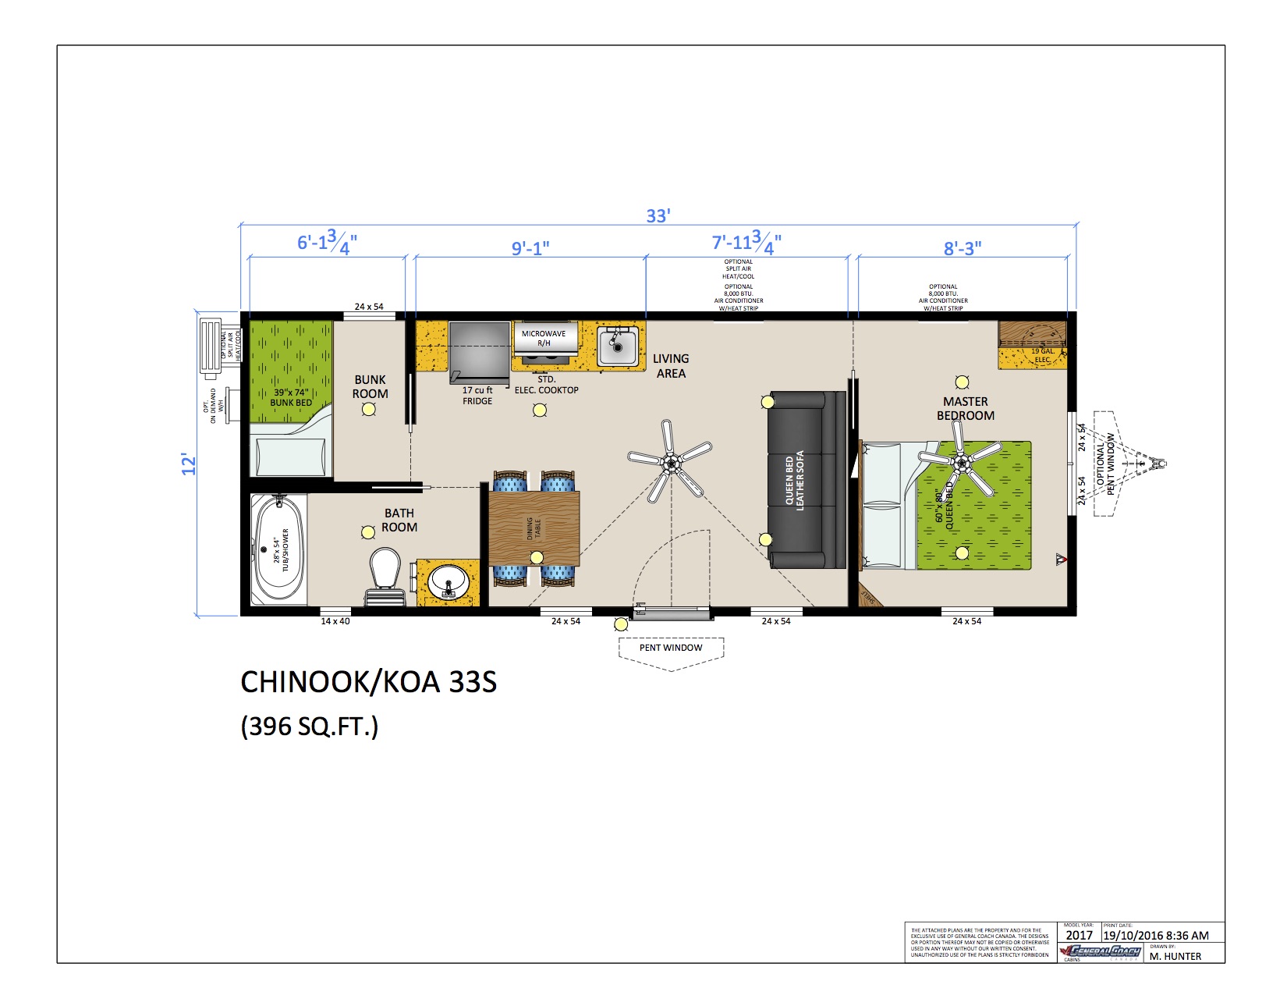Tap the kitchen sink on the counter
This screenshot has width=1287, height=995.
[x=618, y=346]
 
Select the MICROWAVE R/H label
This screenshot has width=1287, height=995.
[x=544, y=338]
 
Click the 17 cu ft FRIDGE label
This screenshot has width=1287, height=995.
[x=477, y=396]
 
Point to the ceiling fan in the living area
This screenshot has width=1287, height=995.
[x=670, y=462]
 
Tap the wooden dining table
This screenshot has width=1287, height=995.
[x=534, y=528]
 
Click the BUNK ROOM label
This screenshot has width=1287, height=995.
[x=370, y=386]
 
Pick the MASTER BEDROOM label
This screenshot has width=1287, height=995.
[x=966, y=408]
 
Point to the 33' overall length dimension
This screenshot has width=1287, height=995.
[x=658, y=215]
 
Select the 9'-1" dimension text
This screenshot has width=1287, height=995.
[x=530, y=248]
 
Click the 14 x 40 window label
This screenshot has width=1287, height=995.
[x=335, y=621]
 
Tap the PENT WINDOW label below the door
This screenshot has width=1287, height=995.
[x=671, y=648]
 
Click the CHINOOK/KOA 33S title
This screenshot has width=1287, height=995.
[x=368, y=682]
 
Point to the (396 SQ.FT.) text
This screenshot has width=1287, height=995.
[x=310, y=727]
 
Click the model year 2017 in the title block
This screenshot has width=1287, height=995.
[x=1080, y=935]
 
